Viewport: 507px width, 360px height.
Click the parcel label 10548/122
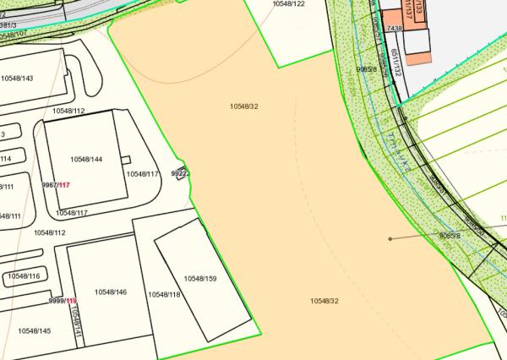coord(288,4)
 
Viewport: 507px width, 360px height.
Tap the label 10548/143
coord(17,79)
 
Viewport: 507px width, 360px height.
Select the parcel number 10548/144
coord(86,159)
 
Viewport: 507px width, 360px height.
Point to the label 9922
coord(178,173)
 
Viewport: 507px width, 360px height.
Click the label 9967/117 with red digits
coord(55,185)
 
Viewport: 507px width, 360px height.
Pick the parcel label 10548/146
coord(110,292)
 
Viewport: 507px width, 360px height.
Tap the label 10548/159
coord(200,279)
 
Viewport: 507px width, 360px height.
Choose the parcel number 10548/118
coord(164,294)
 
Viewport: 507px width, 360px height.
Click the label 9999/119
coord(63,301)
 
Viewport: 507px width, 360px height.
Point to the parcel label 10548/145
coord(35,330)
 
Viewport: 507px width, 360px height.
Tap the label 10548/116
coord(24,276)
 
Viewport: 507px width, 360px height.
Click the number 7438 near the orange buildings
coord(394,29)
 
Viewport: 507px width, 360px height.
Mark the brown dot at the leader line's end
coord(390,239)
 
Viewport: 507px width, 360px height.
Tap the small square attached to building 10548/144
coord(126,159)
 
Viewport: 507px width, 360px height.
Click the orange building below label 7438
coord(418,52)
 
